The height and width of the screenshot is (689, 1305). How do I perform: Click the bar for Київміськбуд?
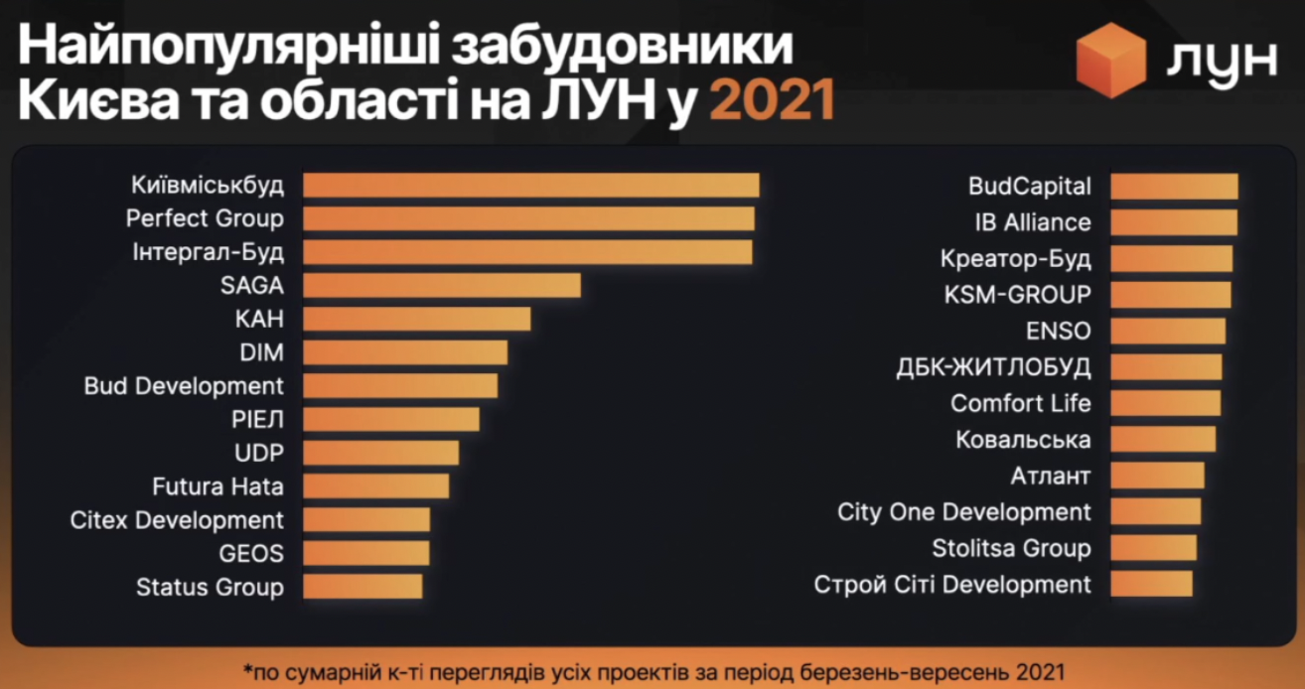pyautogui.click(x=530, y=186)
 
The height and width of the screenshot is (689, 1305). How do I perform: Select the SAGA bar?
pyautogui.click(x=441, y=286)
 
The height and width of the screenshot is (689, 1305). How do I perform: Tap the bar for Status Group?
pyautogui.click(x=362, y=587)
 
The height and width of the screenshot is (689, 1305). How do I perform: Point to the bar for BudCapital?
pyautogui.click(x=1174, y=187)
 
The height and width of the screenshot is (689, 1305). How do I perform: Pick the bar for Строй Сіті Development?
pyautogui.click(x=1151, y=584)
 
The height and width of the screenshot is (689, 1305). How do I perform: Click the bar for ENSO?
pyautogui.click(x=1168, y=331)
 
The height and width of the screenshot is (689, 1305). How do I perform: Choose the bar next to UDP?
pyautogui.click(x=380, y=453)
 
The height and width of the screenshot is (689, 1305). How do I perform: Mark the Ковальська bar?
pyautogui.click(x=1163, y=440)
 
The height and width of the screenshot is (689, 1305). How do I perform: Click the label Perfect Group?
pyautogui.click(x=205, y=218)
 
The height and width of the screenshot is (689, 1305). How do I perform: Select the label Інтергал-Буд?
pyautogui.click(x=208, y=252)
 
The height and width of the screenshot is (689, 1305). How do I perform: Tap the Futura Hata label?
pyautogui.click(x=217, y=486)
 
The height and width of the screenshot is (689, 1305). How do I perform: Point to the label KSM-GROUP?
pyautogui.click(x=1017, y=295)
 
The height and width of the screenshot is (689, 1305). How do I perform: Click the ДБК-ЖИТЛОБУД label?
pyautogui.click(x=993, y=367)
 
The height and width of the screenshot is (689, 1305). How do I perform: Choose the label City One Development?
pyautogui.click(x=964, y=512)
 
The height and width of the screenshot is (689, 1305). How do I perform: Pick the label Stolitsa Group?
pyautogui.click(x=1011, y=548)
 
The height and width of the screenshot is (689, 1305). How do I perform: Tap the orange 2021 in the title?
pyautogui.click(x=772, y=102)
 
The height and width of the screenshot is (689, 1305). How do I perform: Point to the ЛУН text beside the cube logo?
pyautogui.click(x=1221, y=62)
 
